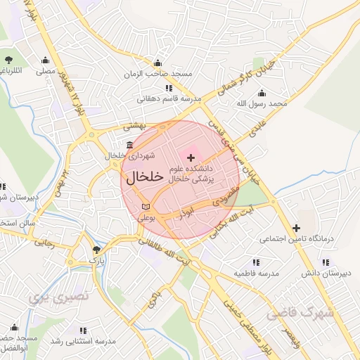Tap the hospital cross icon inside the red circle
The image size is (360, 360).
pyautogui.click(x=191, y=156)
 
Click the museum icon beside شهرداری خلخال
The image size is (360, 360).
pyautogui.click(x=129, y=145)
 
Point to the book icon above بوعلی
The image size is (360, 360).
pyautogui.click(x=146, y=207)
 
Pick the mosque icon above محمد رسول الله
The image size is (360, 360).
pyautogui.click(x=262, y=94)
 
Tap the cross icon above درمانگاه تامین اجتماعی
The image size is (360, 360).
pyautogui.click(x=296, y=228)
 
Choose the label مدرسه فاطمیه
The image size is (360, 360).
pyautogui.click(x=257, y=273)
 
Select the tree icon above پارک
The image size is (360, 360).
pyautogui.click(x=96, y=249)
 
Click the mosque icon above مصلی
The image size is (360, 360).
pyautogui.click(x=46, y=60)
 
